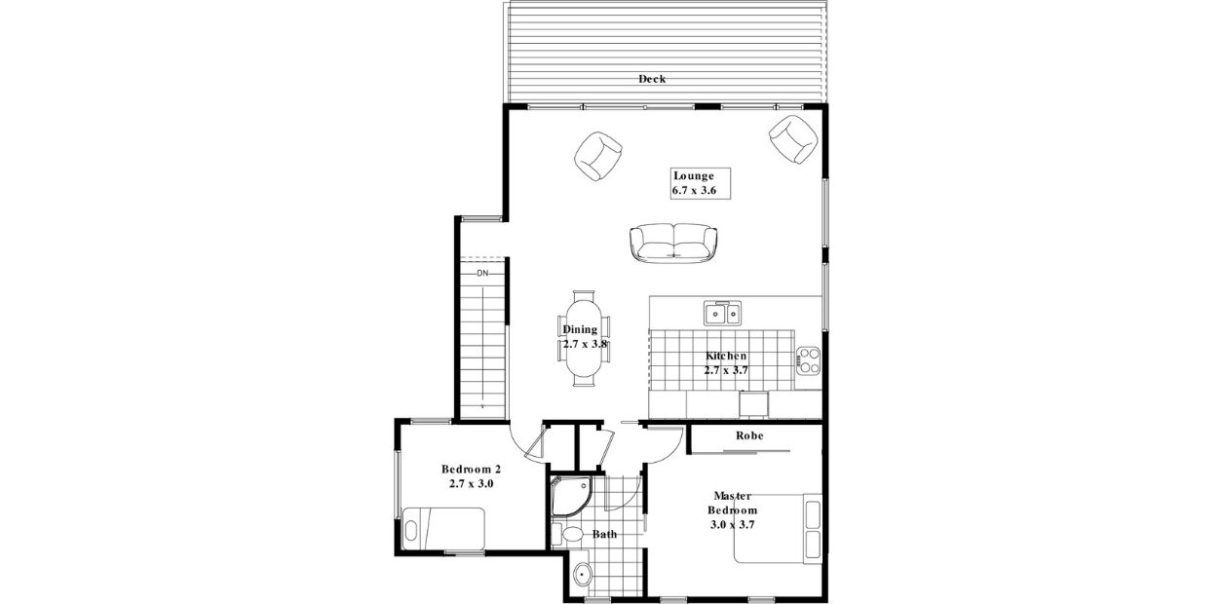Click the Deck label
pos(652,79)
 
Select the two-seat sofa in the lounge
pos(672,243)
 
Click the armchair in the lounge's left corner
pos(597,156)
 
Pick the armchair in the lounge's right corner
pos(793,139)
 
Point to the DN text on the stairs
pos(482,274)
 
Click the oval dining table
pos(585,338)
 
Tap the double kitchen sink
pos(723,313)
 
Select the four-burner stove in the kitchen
pos(808,359)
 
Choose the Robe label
pos(748,435)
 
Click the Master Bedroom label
pos(732,510)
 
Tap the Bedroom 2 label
pos(471,475)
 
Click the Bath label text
pos(604,534)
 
